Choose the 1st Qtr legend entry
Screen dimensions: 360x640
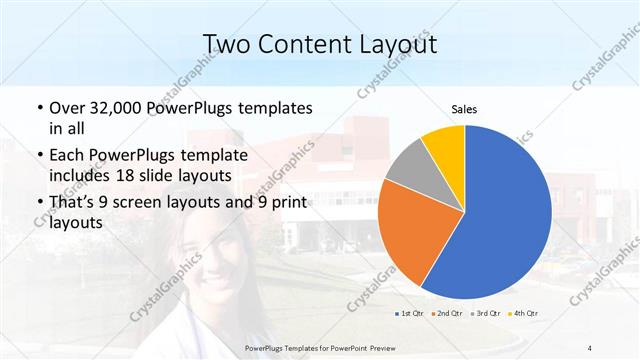[411, 314]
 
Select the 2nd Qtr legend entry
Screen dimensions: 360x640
[448, 314]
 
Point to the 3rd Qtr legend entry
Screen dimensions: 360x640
[486, 314]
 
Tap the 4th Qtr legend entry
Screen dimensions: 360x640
[523, 314]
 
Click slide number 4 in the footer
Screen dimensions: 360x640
[590, 347]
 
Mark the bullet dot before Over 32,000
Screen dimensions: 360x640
[39, 108]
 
